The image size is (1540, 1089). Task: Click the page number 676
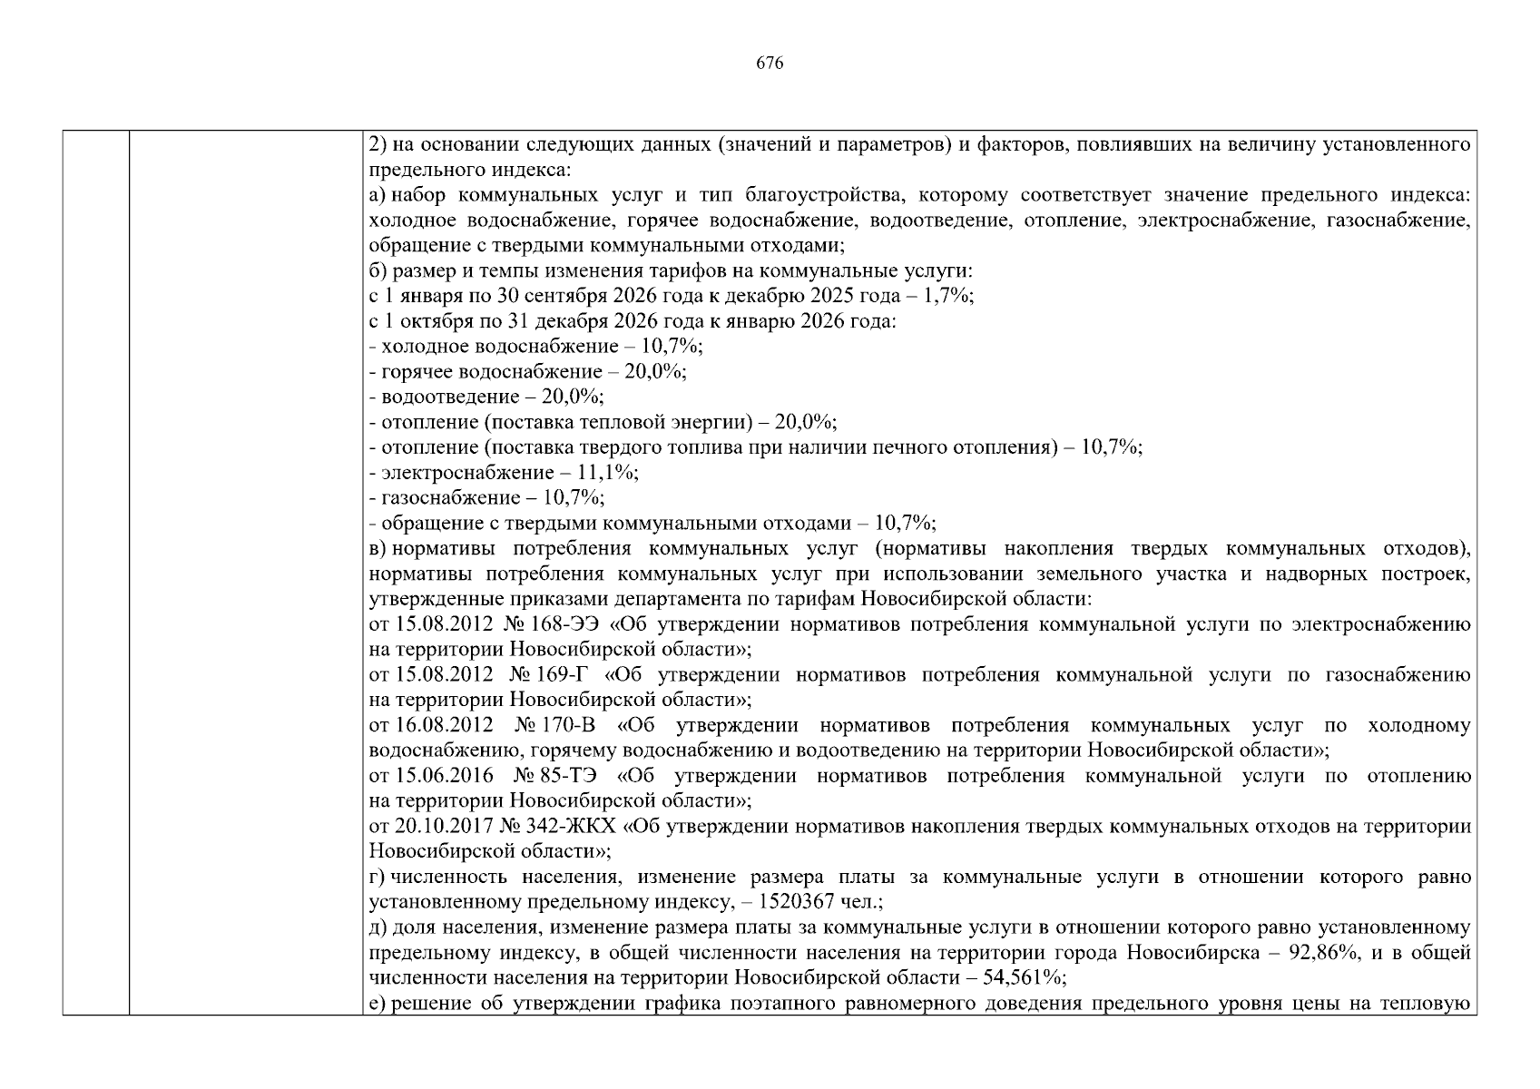click(770, 64)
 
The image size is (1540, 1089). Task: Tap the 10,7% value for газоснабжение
click(574, 498)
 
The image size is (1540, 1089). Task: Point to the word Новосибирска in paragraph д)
click(1202, 953)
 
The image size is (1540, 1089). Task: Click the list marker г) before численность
click(378, 878)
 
